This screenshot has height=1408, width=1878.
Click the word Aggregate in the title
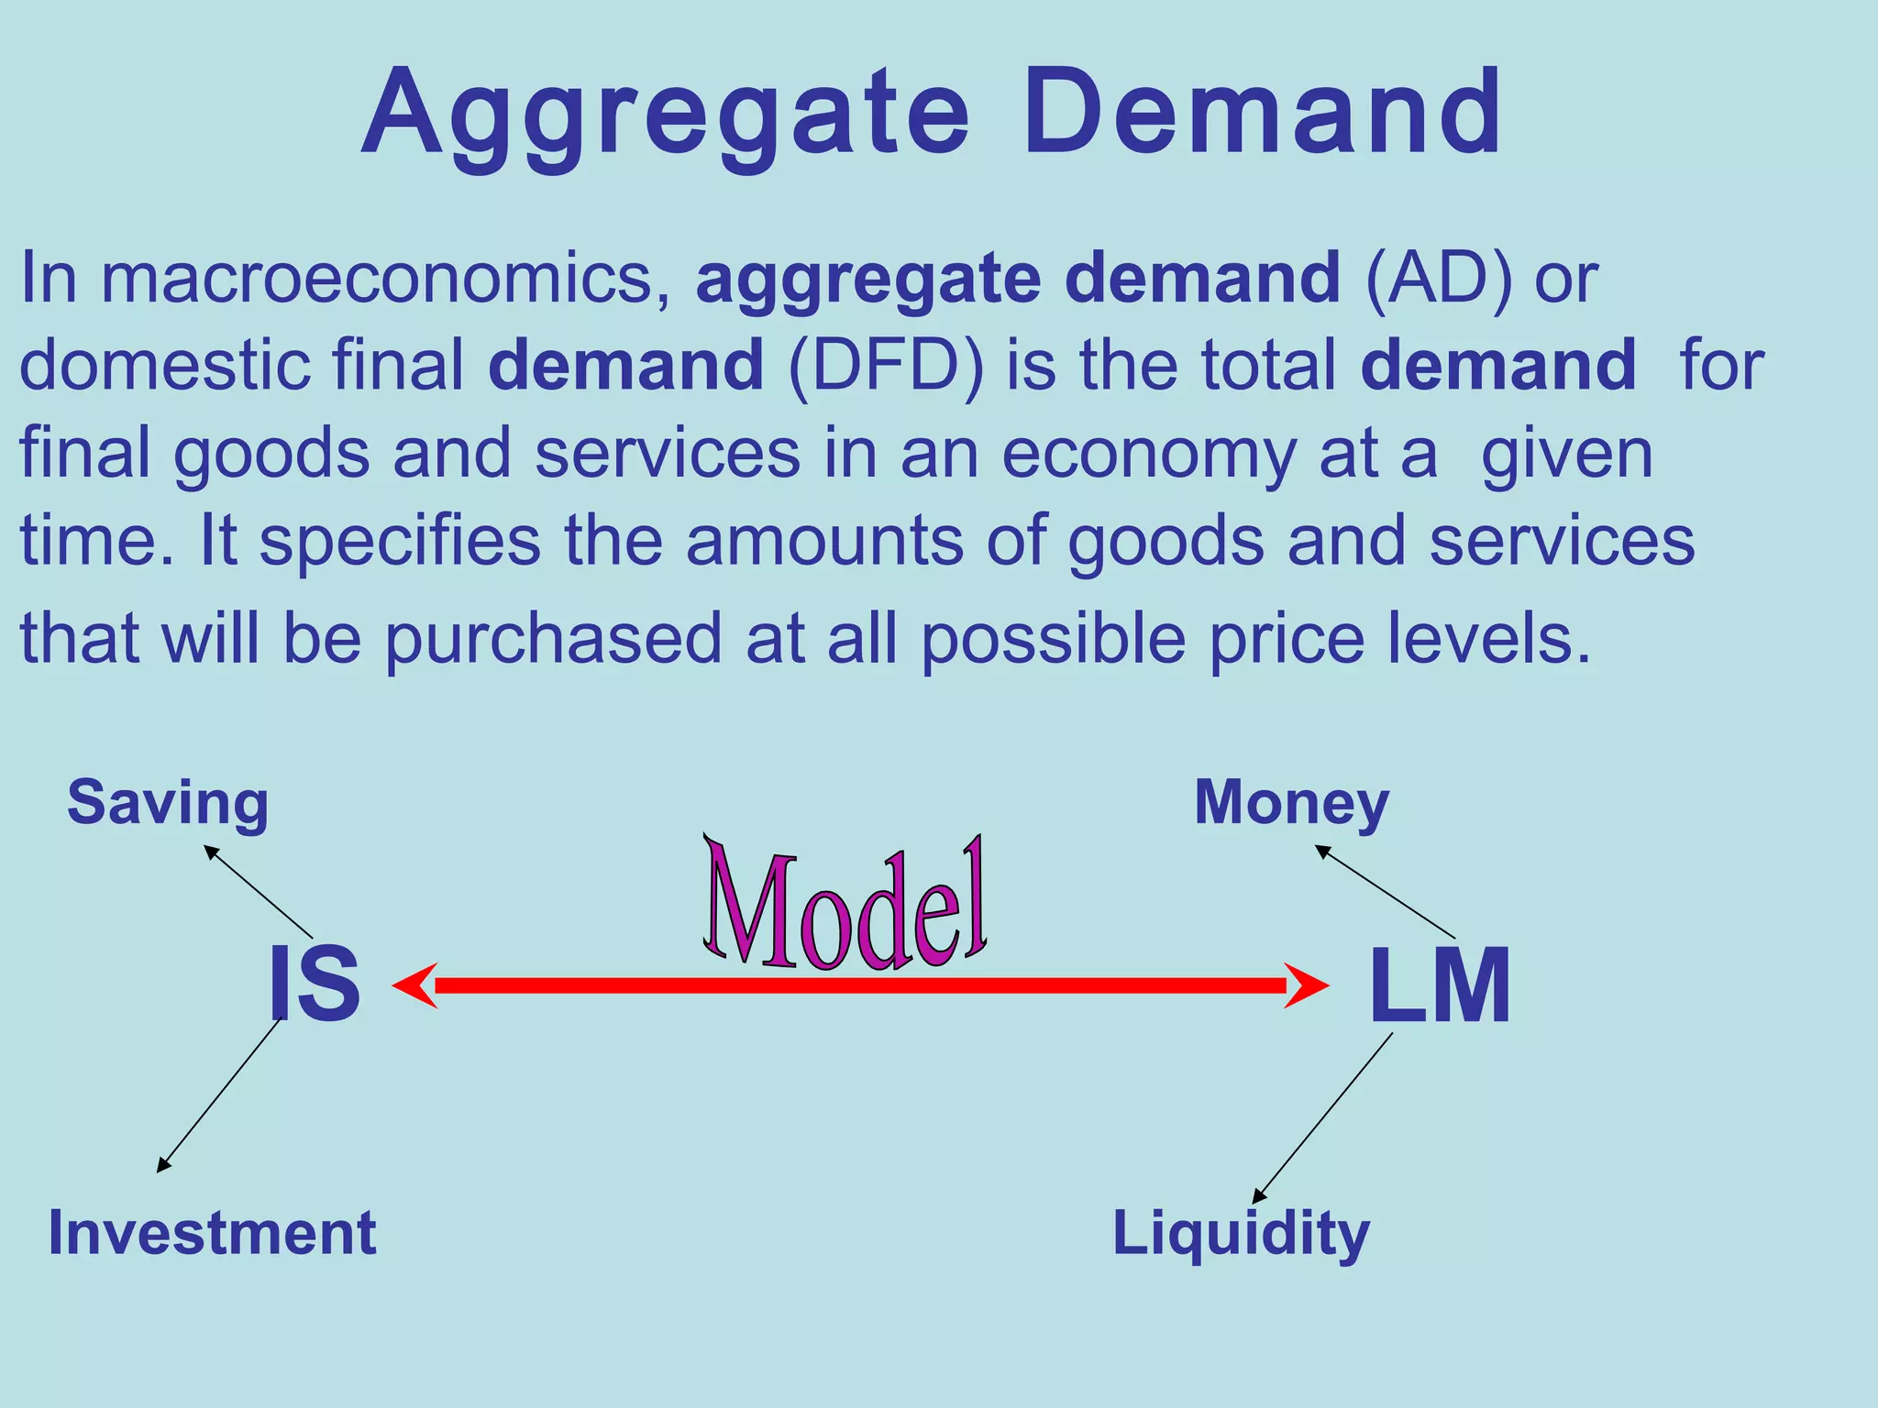pyautogui.click(x=665, y=115)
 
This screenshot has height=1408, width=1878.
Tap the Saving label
pyautogui.click(x=168, y=803)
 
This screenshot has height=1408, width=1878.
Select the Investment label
pyautogui.click(x=212, y=1233)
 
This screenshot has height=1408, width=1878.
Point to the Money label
pyautogui.click(x=1291, y=803)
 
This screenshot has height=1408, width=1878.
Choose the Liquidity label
pyautogui.click(x=1241, y=1234)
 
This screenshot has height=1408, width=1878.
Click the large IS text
pyautogui.click(x=314, y=985)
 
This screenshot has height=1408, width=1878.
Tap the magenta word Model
pyautogui.click(x=845, y=907)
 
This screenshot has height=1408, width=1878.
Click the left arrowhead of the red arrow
pyautogui.click(x=414, y=985)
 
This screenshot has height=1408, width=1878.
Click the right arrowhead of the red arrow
pyautogui.click(x=1306, y=985)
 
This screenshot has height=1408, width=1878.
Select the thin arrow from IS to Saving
pyautogui.click(x=259, y=891)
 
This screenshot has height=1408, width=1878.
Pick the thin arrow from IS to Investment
pyautogui.click(x=218, y=1095)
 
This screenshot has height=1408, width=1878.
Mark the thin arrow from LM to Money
pyautogui.click(x=1385, y=891)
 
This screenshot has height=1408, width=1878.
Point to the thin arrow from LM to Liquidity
pyautogui.click(x=1322, y=1117)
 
